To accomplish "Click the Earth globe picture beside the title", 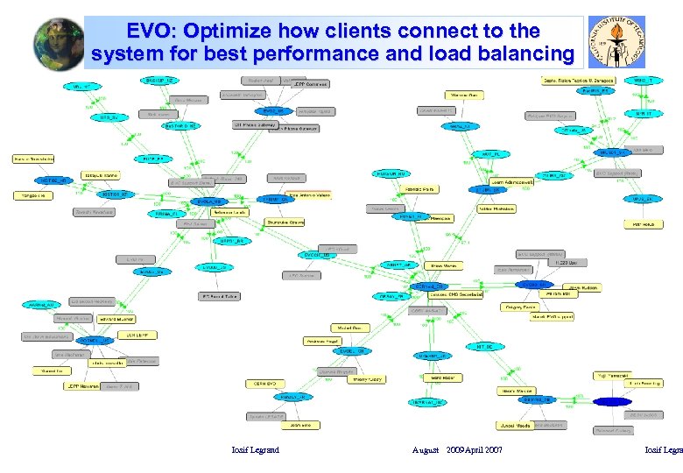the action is (x=59, y=42).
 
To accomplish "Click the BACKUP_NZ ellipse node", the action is (x=159, y=80).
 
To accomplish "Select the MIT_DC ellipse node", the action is (x=483, y=347).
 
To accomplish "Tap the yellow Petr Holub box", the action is (x=644, y=224).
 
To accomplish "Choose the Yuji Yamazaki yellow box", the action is (x=613, y=374).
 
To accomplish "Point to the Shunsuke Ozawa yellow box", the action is (x=285, y=222).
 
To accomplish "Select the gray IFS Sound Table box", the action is (x=219, y=296).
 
